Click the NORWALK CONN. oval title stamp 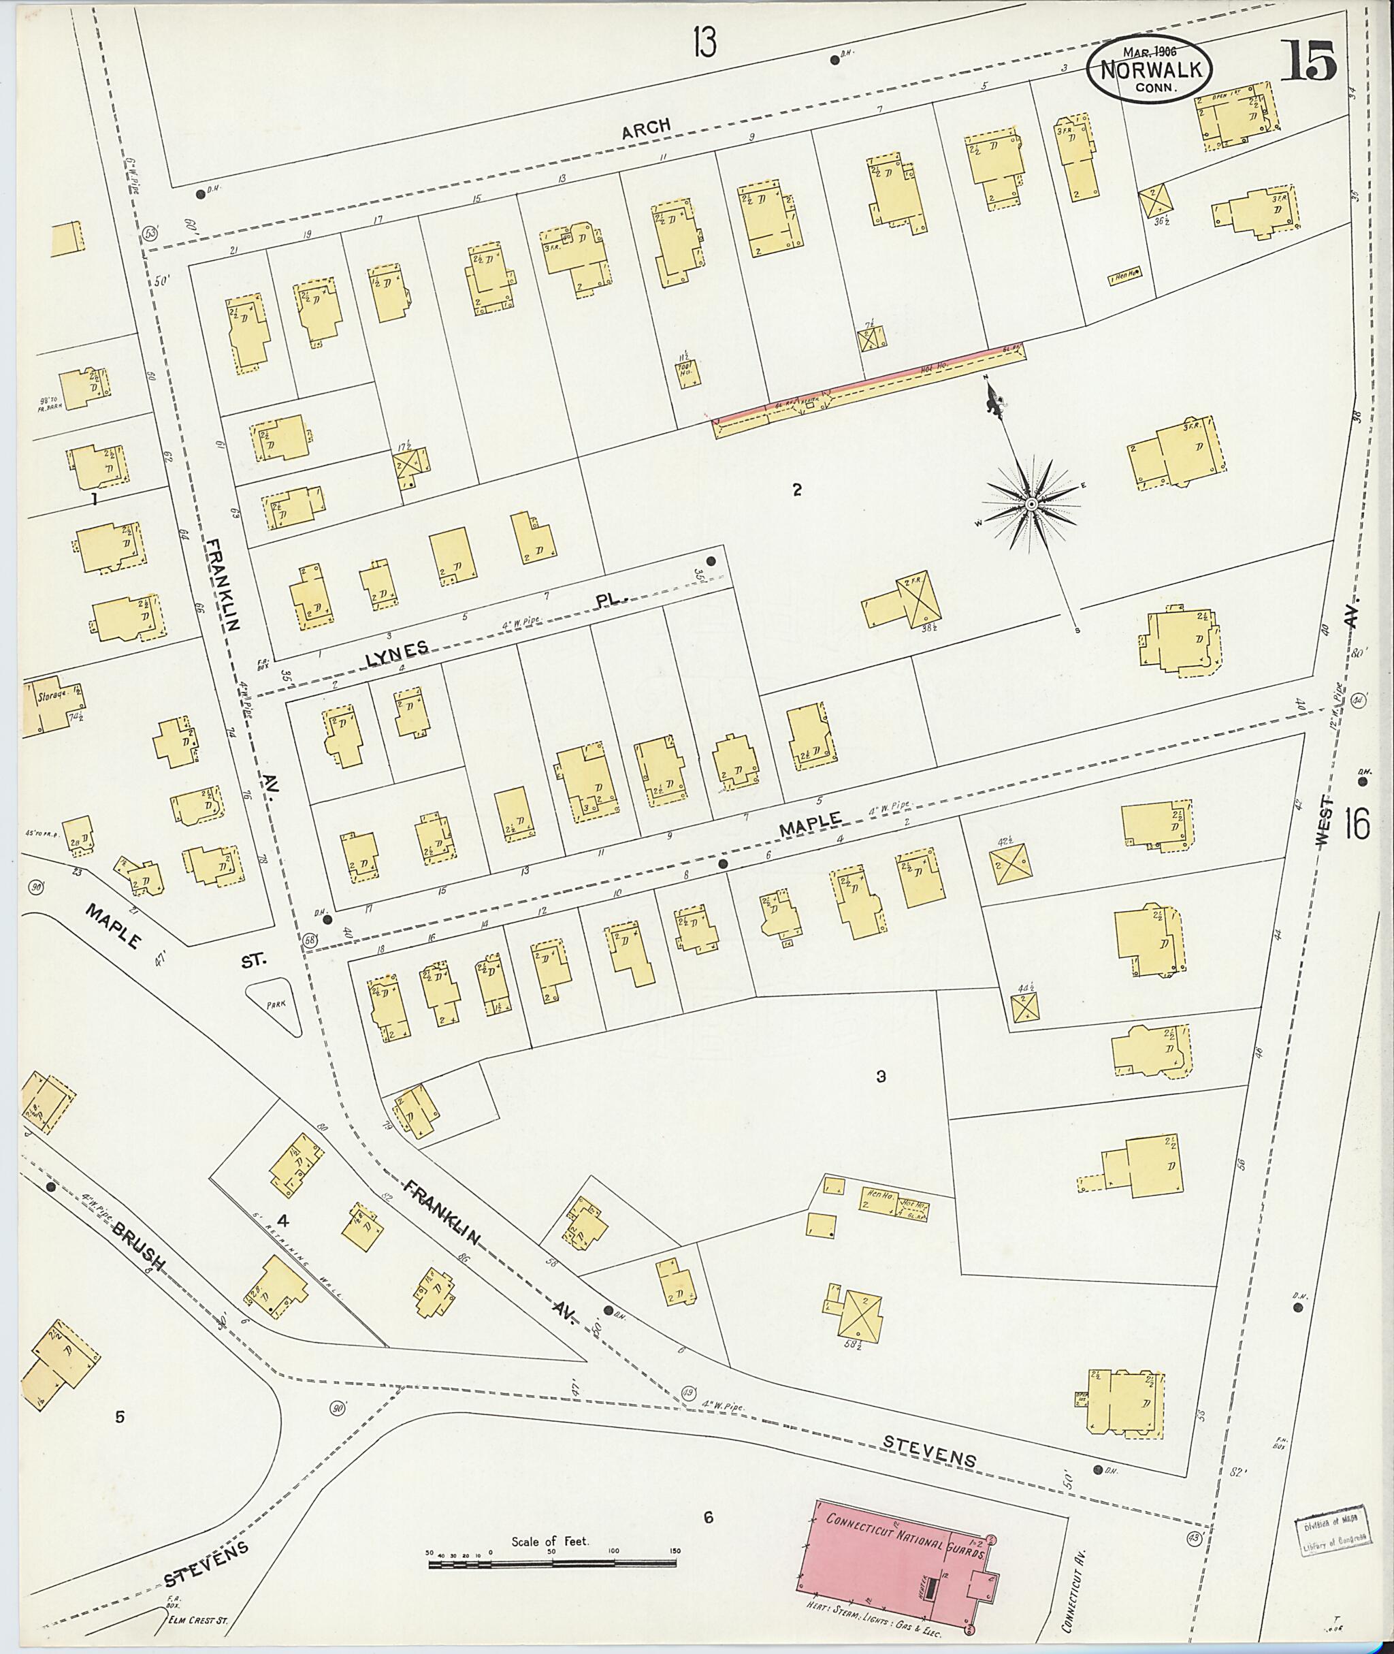(x=1150, y=68)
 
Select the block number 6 (x=709, y=1516)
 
